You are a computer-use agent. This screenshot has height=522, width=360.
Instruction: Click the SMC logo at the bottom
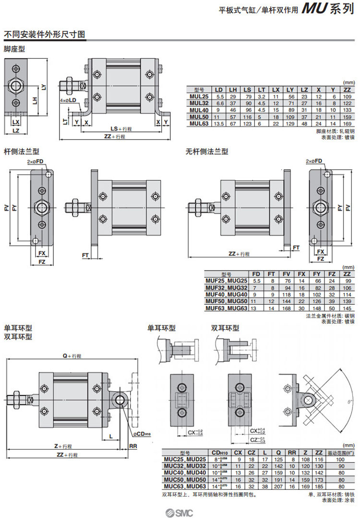tap(179, 511)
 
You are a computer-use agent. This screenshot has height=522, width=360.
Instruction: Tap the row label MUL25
tap(199, 96)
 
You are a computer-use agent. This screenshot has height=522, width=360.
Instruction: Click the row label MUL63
tap(199, 123)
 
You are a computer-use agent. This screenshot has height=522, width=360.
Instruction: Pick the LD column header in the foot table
tap(218, 90)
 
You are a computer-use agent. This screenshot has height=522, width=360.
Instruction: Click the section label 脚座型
tap(14, 48)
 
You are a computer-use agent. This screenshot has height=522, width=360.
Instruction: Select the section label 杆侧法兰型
tap(22, 152)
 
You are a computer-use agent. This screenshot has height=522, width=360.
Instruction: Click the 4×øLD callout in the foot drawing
tap(68, 100)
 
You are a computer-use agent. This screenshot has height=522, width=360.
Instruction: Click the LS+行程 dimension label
tap(121, 129)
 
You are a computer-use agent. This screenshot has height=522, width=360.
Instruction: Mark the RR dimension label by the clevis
tap(134, 446)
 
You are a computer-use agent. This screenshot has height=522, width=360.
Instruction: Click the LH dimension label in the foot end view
tap(34, 100)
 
